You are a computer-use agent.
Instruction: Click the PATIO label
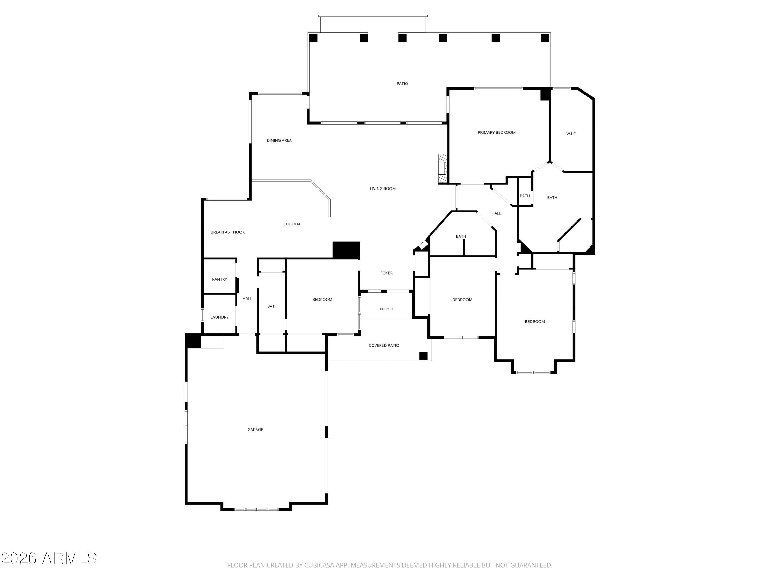click(402, 83)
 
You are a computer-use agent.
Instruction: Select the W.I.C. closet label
click(571, 134)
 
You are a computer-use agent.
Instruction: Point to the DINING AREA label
click(279, 140)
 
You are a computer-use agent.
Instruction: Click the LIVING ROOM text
click(383, 189)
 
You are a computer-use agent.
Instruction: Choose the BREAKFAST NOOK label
click(227, 232)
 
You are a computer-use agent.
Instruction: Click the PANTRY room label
click(219, 279)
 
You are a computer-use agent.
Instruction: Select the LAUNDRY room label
click(219, 317)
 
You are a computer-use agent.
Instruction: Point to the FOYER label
click(386, 273)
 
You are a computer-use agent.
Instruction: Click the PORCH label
click(386, 309)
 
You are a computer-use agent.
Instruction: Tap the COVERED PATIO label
click(384, 346)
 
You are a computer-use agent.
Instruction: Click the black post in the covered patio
click(423, 356)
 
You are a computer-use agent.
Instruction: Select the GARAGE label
click(255, 430)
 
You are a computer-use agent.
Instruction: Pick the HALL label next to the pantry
click(247, 299)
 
